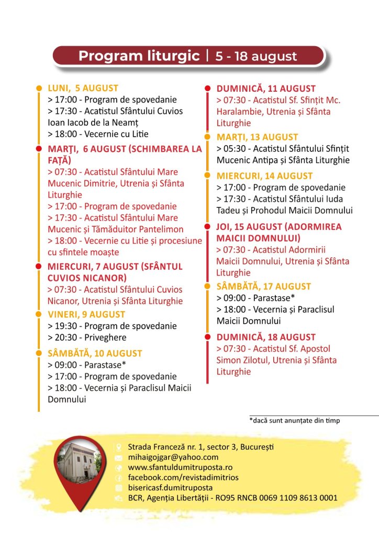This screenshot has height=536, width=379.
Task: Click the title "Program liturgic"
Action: point(139,56)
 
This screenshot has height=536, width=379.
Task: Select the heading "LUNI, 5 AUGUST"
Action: point(83,88)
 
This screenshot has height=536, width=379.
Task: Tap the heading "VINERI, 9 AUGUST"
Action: point(86,314)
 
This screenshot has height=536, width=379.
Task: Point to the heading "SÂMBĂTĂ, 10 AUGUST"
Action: point(95,353)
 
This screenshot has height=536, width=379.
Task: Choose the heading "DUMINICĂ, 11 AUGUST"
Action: point(266,89)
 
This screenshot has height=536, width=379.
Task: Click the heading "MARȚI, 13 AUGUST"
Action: point(257,137)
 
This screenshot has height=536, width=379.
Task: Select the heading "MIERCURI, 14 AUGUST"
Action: point(264,176)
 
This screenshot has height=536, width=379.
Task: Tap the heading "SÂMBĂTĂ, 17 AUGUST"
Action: point(264,286)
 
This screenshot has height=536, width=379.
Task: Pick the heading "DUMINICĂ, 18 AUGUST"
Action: point(266,337)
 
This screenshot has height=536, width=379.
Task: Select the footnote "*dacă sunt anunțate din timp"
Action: point(295,420)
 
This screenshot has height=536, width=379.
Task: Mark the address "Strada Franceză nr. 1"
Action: point(164,447)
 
